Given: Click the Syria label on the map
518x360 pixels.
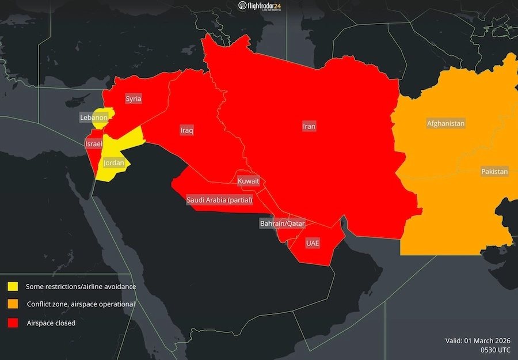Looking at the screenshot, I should pos(134,99).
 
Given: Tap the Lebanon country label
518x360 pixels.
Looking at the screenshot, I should pos(94,118).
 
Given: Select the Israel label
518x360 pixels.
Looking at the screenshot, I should pos(94,143).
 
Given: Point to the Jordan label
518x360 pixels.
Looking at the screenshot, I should pos(113,164).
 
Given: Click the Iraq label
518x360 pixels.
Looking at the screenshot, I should pos(186,130).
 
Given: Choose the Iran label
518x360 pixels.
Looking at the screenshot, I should pos(310,126).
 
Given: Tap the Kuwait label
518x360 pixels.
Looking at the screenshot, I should pos(248,181).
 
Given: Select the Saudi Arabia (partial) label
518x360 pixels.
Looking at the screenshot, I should pos(219,200).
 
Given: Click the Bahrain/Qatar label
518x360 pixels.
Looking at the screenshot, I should pos(281,223).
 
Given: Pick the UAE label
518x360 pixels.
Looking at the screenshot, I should pos(313,243).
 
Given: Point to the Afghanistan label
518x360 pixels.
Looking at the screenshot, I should pos(445,124).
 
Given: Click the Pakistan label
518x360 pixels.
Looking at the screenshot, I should pos(494,172).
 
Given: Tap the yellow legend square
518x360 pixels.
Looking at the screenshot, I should pos(13,286).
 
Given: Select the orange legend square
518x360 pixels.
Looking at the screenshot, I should pos(13,304).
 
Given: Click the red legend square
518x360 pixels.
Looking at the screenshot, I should pos(13,323).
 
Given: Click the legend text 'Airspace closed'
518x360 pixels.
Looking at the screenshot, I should pos(51,323).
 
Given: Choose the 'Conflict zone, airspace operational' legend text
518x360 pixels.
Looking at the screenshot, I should pos(81,304).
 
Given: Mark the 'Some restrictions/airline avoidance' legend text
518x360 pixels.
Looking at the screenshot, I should pos(81,286).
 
